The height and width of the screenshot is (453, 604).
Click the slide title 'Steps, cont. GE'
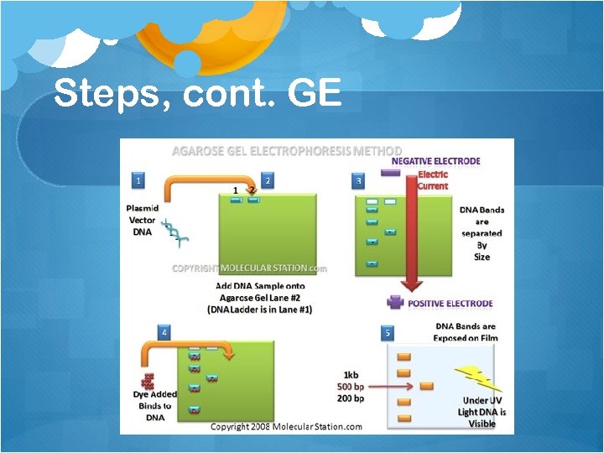(x=197, y=93)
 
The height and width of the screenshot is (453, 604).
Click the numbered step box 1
(x=138, y=180)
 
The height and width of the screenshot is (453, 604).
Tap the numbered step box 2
(x=268, y=180)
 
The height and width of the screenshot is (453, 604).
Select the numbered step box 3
(x=359, y=180)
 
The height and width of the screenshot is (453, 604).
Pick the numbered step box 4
(x=164, y=332)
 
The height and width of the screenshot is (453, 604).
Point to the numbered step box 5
(x=388, y=333)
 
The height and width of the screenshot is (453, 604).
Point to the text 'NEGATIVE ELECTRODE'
(x=436, y=161)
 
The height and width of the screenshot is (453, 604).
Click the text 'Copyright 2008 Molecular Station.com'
(x=286, y=426)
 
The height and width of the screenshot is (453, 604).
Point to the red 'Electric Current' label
(x=433, y=180)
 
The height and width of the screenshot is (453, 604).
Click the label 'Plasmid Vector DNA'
(x=142, y=220)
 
